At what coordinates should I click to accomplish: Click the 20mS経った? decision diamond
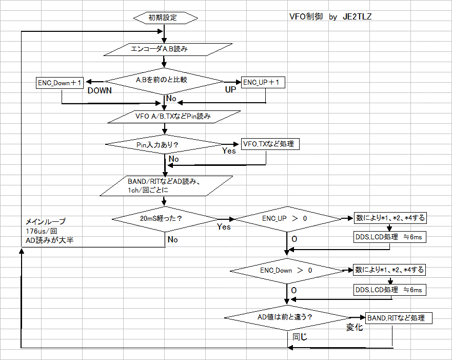pyautogui.click(x=165, y=219)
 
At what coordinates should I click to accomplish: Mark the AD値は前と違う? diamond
pyautogui.click(x=285, y=318)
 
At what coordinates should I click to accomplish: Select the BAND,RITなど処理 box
pyautogui.click(x=396, y=318)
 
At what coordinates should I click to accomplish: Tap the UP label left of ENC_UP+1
pyautogui.click(x=231, y=89)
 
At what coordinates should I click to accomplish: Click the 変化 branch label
pyautogui.click(x=355, y=327)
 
